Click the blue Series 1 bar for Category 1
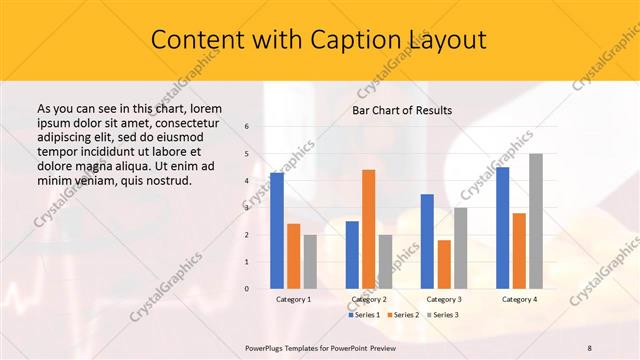coord(277,230)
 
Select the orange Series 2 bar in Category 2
coord(368,229)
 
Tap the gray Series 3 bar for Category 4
coord(536,221)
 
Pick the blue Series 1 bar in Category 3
coord(427,241)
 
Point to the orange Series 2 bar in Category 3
coord(444,264)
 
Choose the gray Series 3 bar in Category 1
coord(310,261)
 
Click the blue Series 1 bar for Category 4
coord(502,227)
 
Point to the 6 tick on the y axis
coord(246,127)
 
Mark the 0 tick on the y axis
coord(246,289)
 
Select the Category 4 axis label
coord(519,299)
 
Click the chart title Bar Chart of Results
coord(402,110)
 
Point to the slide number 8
coord(590,347)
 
